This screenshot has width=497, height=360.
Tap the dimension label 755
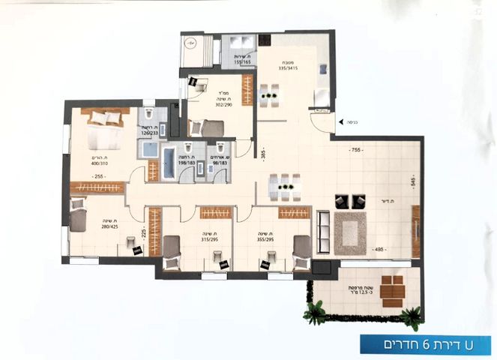coord(358,150)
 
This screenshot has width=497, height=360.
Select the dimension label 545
coord(412,181)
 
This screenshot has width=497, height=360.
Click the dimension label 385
coord(263,154)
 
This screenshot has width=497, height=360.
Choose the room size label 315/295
coord(208,239)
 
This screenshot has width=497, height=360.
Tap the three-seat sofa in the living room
coord(323,231)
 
